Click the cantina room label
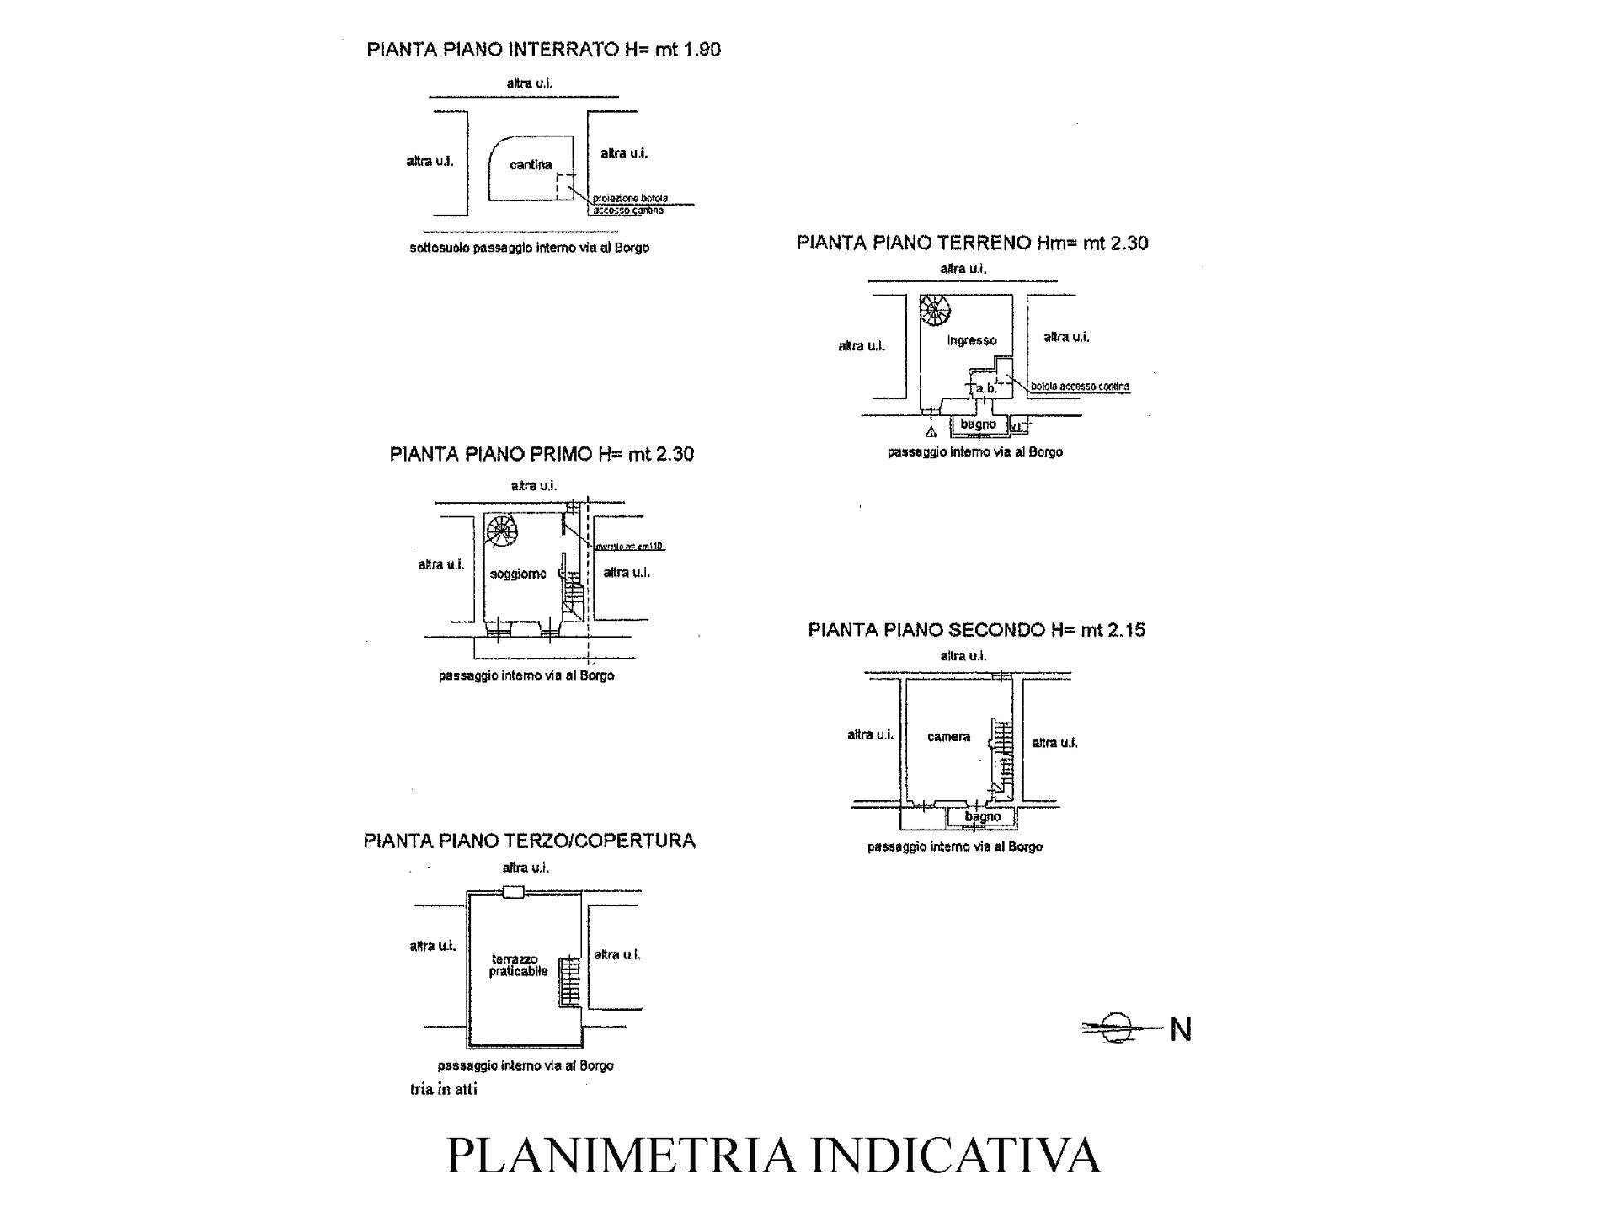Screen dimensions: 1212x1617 tap(531, 165)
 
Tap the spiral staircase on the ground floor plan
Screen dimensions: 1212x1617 tap(934, 311)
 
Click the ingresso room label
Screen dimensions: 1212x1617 tap(972, 340)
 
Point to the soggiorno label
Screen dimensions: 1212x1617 tap(518, 574)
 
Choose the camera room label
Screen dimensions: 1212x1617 tap(948, 737)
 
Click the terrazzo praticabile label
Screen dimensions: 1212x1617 tap(518, 965)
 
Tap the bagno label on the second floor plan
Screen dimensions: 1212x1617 tap(982, 816)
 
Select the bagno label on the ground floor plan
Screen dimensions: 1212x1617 tap(977, 424)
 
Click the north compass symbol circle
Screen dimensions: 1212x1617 tap(1117, 1028)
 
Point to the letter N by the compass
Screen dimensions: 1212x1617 tap(1181, 1029)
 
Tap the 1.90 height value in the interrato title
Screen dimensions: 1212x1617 tap(702, 50)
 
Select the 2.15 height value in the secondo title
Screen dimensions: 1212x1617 tap(1127, 630)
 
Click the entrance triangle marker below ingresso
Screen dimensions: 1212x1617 tap(931, 433)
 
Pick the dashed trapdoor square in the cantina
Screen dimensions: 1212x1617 tap(564, 187)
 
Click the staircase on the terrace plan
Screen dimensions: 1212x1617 tap(570, 982)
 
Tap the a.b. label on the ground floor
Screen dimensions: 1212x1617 tap(986, 388)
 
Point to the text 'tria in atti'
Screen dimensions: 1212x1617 tap(443, 1089)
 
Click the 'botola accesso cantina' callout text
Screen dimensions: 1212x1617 tap(1080, 387)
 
